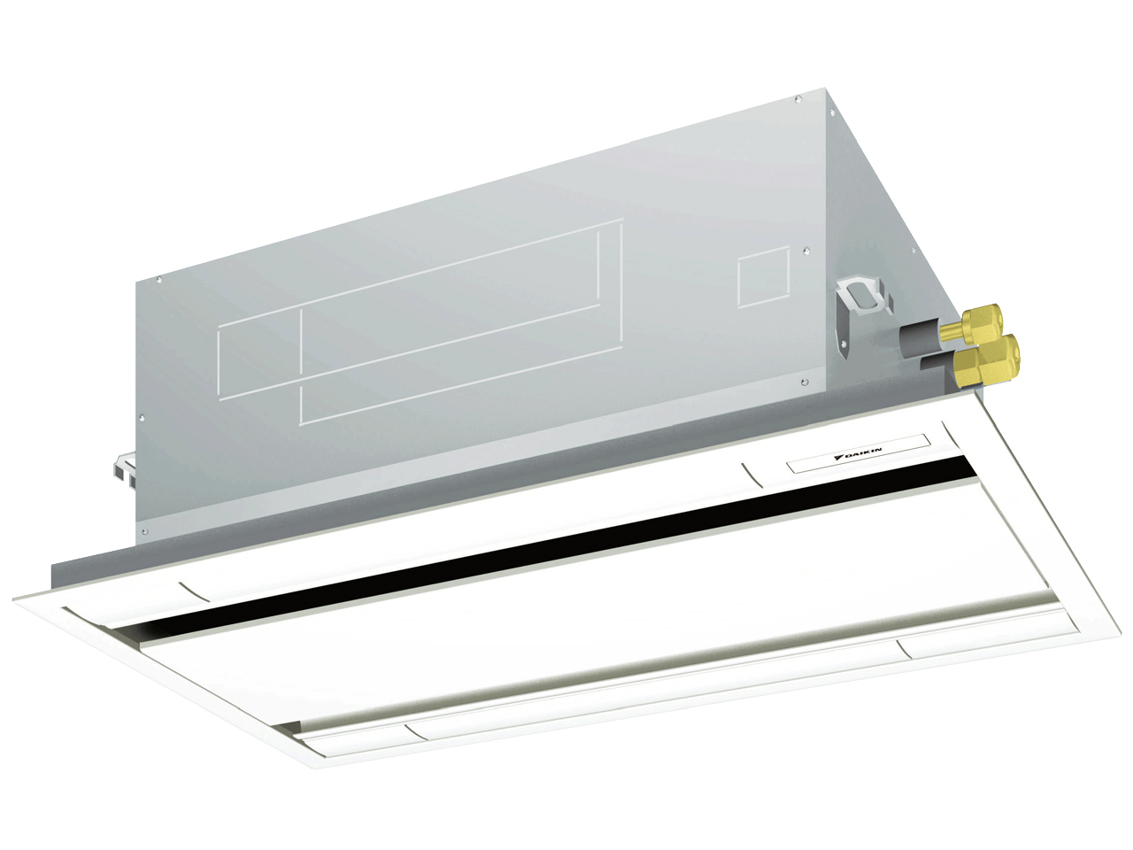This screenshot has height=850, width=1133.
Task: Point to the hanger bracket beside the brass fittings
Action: pos(859,315)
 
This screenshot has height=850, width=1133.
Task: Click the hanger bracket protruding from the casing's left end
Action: pos(124,469)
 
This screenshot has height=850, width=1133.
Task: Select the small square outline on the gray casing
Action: pos(763,278)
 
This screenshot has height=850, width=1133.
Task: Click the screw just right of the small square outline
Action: pos(806,251)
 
